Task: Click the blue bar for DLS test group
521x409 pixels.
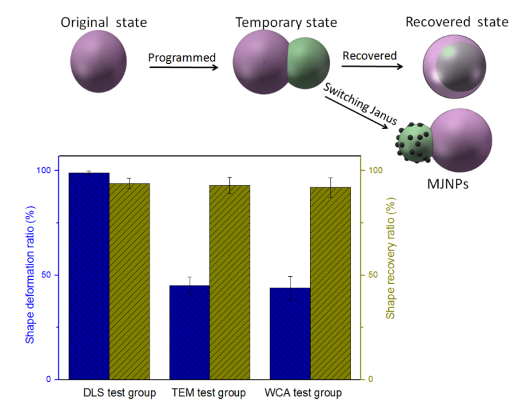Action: [x=89, y=276]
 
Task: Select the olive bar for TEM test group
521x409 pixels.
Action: [x=230, y=282]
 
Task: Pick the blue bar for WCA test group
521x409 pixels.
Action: [x=290, y=334]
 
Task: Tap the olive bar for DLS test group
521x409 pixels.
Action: [x=129, y=281]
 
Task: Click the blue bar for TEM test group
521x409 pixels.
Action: [x=190, y=332]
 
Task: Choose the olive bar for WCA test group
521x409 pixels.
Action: [x=331, y=283]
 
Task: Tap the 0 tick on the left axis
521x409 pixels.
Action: [x=49, y=379]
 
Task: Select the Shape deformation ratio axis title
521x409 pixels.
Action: [x=30, y=275]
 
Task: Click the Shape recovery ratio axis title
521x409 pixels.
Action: [x=391, y=258]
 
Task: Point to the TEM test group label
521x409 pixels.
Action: [x=209, y=393]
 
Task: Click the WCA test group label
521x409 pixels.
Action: [x=303, y=393]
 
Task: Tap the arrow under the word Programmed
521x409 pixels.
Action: [x=184, y=68]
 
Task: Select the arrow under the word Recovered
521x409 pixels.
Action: [x=372, y=66]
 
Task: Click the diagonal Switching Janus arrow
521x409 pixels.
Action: [x=356, y=112]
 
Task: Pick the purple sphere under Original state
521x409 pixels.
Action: [x=98, y=61]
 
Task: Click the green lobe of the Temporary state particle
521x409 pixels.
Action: [x=308, y=63]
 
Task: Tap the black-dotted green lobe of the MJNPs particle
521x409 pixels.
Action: [x=414, y=143]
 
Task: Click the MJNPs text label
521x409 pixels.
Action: [x=448, y=184]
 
